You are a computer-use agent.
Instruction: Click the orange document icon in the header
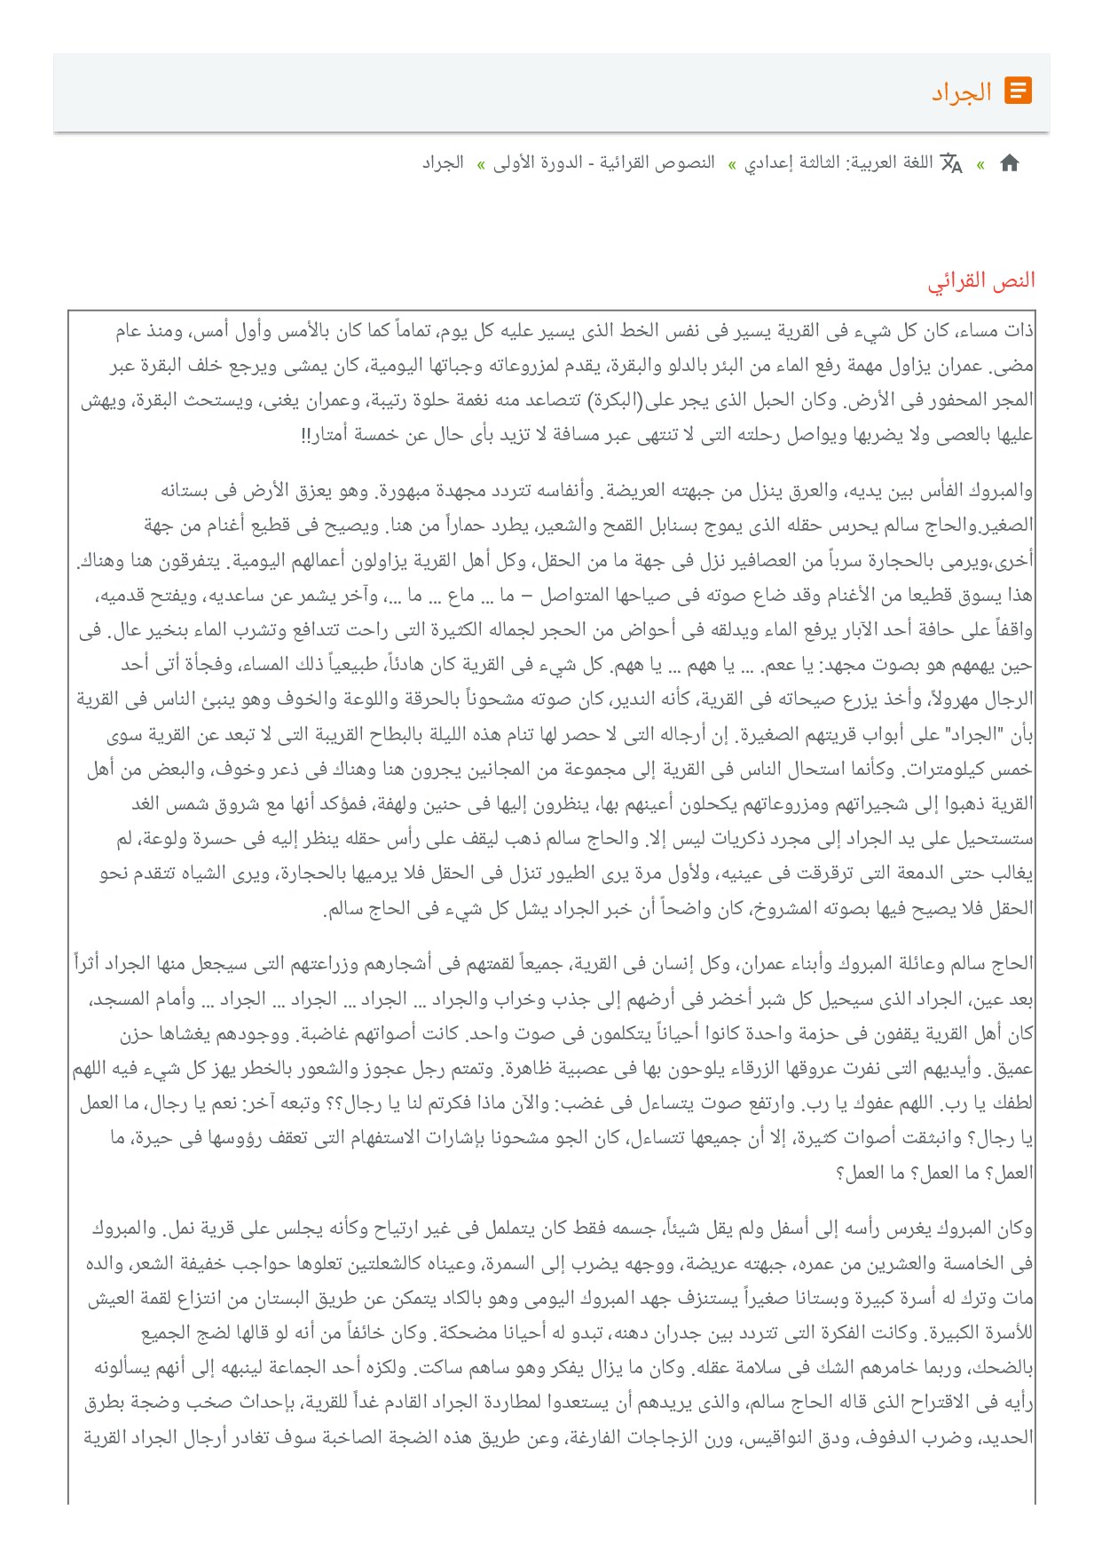[1018, 91]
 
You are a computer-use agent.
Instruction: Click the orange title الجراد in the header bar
[961, 92]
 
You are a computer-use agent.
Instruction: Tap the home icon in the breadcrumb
[1009, 163]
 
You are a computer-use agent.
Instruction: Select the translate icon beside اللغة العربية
[951, 163]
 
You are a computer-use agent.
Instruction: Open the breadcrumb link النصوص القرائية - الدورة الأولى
[604, 163]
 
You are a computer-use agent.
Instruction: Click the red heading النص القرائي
[981, 281]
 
